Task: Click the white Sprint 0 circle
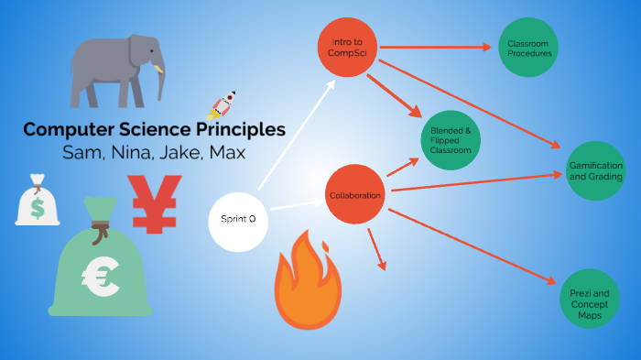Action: [x=238, y=220]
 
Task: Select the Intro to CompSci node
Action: [x=347, y=47]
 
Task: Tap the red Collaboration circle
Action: [x=355, y=194]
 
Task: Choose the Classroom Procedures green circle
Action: [x=528, y=49]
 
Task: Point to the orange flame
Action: [x=307, y=279]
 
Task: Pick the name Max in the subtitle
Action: [x=228, y=152]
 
